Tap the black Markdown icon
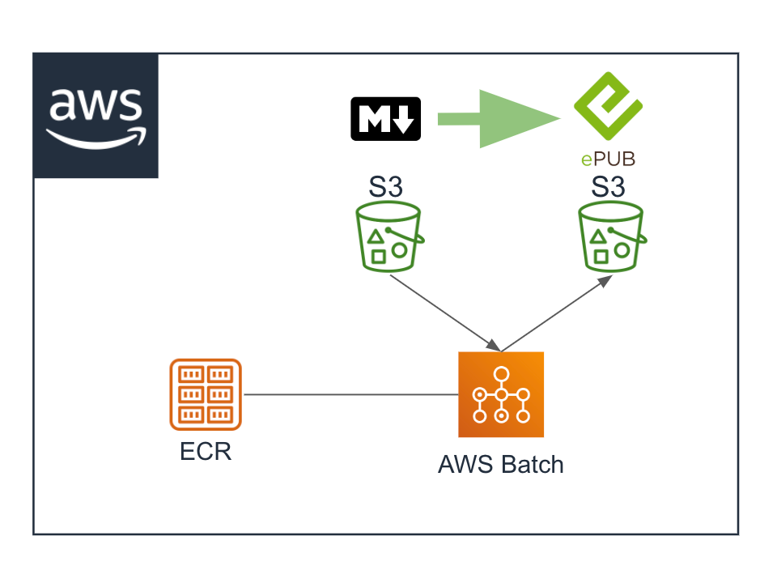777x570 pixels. coord(385,119)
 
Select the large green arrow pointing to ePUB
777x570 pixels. coord(499,119)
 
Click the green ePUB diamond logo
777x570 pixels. coord(608,106)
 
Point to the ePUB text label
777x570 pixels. coord(608,160)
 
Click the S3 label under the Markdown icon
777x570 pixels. coord(385,187)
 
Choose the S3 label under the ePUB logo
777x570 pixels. coord(608,187)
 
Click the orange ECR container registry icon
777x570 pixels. coord(206,394)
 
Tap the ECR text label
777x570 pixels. coord(206,452)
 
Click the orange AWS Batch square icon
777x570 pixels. coord(501,394)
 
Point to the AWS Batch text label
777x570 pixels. coord(501,465)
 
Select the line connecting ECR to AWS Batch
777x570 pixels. coord(351,394)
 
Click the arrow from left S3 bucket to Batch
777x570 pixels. coord(445,313)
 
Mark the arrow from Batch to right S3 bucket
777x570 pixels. coord(557,313)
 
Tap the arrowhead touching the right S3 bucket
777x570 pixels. coord(606,281)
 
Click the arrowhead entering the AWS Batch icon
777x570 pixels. coord(494,345)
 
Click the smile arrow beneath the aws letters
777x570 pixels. coord(96,138)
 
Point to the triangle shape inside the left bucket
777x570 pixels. coord(376,236)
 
